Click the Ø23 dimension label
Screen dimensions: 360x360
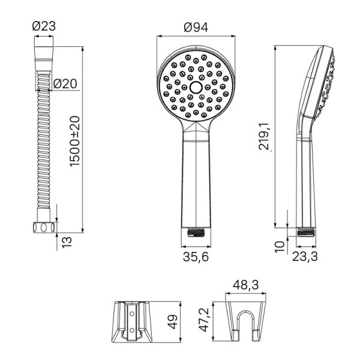point(44,26)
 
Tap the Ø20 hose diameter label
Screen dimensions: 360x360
point(65,83)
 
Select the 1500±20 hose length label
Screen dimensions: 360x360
point(75,141)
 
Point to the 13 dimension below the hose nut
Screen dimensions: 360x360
point(67,242)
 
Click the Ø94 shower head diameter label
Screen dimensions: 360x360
point(196,28)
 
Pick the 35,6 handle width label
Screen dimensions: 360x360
point(196,256)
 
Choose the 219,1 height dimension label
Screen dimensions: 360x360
point(265,136)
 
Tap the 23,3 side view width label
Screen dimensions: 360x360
point(305,256)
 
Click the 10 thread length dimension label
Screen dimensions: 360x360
point(280,247)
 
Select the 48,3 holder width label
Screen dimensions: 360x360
point(245,285)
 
